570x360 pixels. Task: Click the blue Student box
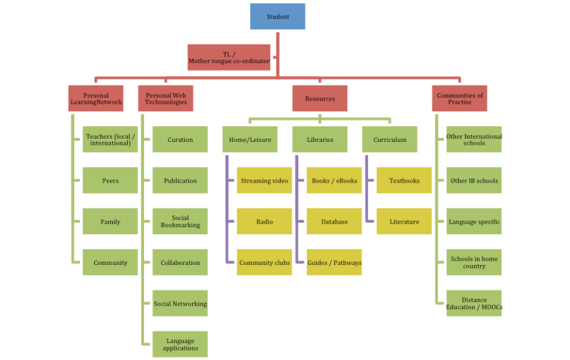tap(277, 16)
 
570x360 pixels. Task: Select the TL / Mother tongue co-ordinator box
tap(229, 58)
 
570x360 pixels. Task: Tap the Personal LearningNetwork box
tap(96, 99)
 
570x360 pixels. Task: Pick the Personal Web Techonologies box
tap(166, 99)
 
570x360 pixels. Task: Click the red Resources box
tap(320, 98)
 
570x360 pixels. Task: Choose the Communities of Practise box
tap(460, 99)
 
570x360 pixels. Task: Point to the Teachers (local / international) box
tap(111, 140)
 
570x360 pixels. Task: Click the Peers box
tap(111, 181)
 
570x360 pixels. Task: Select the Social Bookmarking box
tap(180, 221)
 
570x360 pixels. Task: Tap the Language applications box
tap(180, 344)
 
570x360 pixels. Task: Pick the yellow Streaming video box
tap(264, 181)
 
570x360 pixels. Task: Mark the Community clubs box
tap(264, 263)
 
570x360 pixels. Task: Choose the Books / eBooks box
tap(334, 181)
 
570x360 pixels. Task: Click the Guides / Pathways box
tap(334, 263)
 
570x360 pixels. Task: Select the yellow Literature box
tap(404, 221)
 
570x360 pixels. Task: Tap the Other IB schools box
tap(474, 181)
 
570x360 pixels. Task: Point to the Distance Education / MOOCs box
tap(474, 304)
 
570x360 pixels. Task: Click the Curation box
tap(180, 140)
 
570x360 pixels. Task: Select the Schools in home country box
tap(474, 263)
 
